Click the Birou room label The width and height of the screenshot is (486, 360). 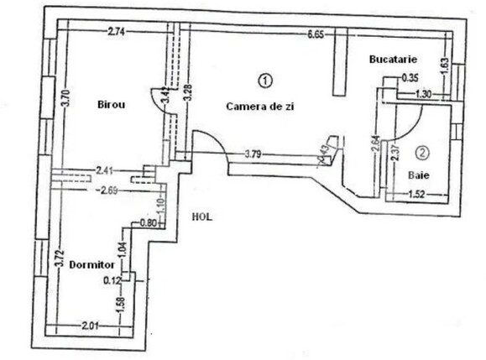[x=111, y=105]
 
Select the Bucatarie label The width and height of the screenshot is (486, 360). [x=394, y=60]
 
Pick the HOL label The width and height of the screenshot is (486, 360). [x=201, y=216]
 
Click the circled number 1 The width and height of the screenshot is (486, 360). [x=264, y=81]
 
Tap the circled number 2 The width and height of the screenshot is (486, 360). [x=422, y=153]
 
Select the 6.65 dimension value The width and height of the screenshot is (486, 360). [x=316, y=34]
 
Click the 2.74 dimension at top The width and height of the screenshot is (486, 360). [x=116, y=33]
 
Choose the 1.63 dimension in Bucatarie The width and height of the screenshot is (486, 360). [x=446, y=61]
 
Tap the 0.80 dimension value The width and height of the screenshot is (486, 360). [x=148, y=223]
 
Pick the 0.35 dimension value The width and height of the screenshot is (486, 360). [x=410, y=78]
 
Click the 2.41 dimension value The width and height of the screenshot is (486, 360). [x=105, y=170]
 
